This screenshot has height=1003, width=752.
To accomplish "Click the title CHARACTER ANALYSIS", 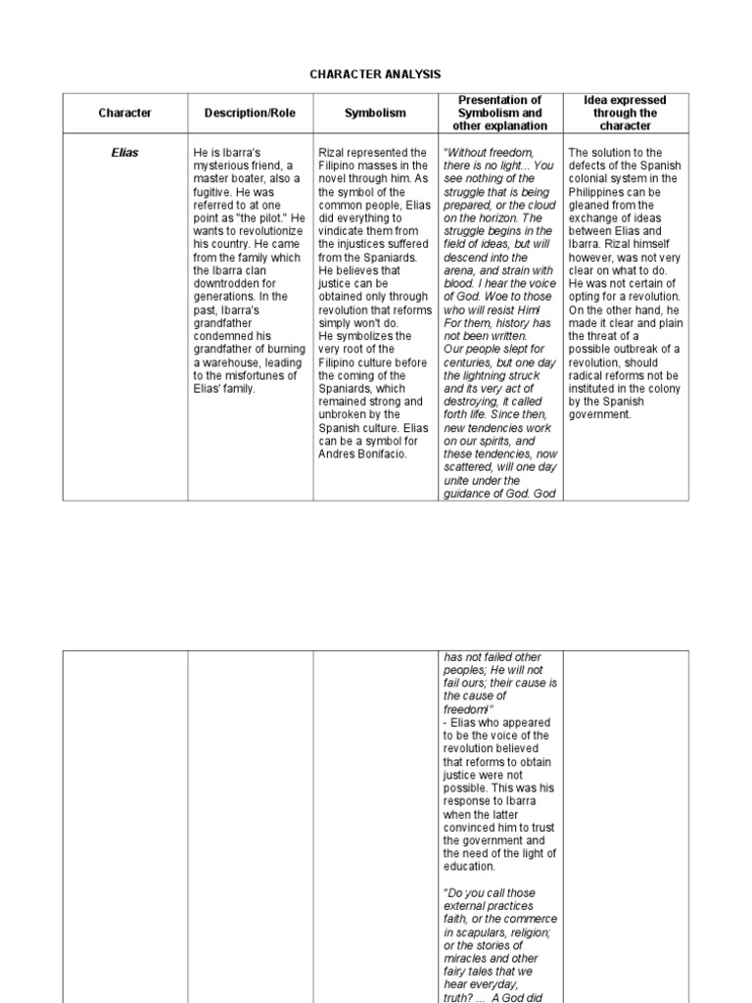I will pos(376,73).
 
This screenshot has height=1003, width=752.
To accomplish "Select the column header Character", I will pos(125,114).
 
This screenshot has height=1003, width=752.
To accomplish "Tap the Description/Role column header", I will pos(250,114).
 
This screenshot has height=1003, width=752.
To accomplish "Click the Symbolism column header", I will pos(375,114).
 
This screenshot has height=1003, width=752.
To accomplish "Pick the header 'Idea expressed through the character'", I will pos(625,113).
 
